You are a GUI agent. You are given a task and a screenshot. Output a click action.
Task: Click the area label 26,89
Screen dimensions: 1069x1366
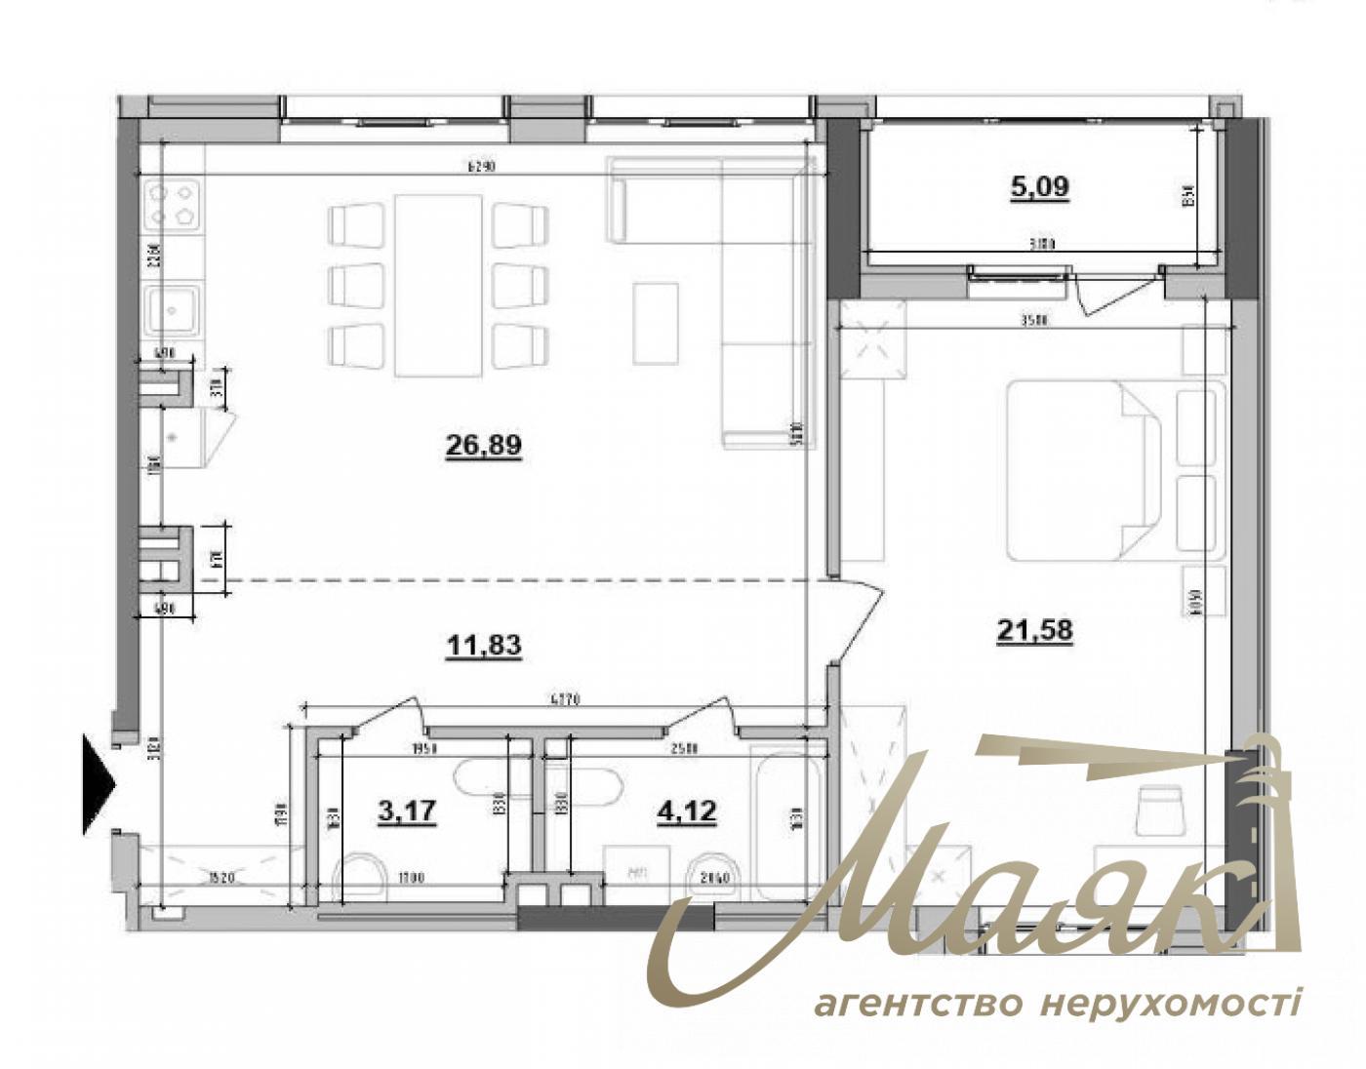pyautogui.click(x=483, y=446)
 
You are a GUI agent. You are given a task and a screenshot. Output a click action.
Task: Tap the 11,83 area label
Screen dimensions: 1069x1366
pyautogui.click(x=483, y=645)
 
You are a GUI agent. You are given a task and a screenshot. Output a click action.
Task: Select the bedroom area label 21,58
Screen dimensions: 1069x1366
pyautogui.click(x=1034, y=631)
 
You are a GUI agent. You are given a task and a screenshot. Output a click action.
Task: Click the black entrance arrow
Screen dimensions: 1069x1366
pyautogui.click(x=98, y=783)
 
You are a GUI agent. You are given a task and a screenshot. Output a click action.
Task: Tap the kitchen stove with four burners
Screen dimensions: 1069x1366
pyautogui.click(x=172, y=204)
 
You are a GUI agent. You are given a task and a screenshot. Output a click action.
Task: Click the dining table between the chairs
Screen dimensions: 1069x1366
pyautogui.click(x=438, y=285)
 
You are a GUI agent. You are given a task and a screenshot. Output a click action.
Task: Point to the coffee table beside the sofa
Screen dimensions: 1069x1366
pyautogui.click(x=656, y=321)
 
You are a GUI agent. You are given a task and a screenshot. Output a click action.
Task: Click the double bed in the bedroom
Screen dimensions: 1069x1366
pyautogui.click(x=1083, y=470)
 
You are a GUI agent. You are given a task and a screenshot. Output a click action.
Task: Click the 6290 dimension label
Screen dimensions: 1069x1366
pyautogui.click(x=482, y=166)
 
